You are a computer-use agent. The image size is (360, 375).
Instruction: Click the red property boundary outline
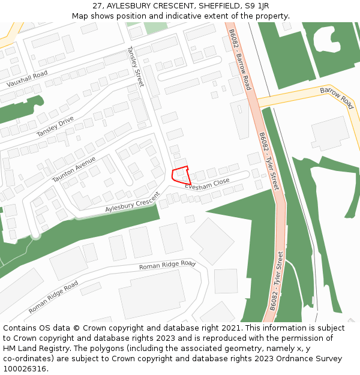pos(181,175)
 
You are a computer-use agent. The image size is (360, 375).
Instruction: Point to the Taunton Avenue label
pos(74,169)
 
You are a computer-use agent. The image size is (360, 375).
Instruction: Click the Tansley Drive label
pos(55,126)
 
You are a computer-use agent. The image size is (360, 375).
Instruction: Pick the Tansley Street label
pos(135,67)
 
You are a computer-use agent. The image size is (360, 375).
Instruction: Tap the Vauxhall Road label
pos(27,79)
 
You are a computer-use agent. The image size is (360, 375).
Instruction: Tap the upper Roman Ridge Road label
pos(167,265)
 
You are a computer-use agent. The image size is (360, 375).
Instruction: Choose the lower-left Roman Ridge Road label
pos(53,297)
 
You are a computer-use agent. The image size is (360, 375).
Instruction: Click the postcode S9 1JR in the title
pos(256,6)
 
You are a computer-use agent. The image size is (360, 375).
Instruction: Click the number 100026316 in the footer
pos(25,369)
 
